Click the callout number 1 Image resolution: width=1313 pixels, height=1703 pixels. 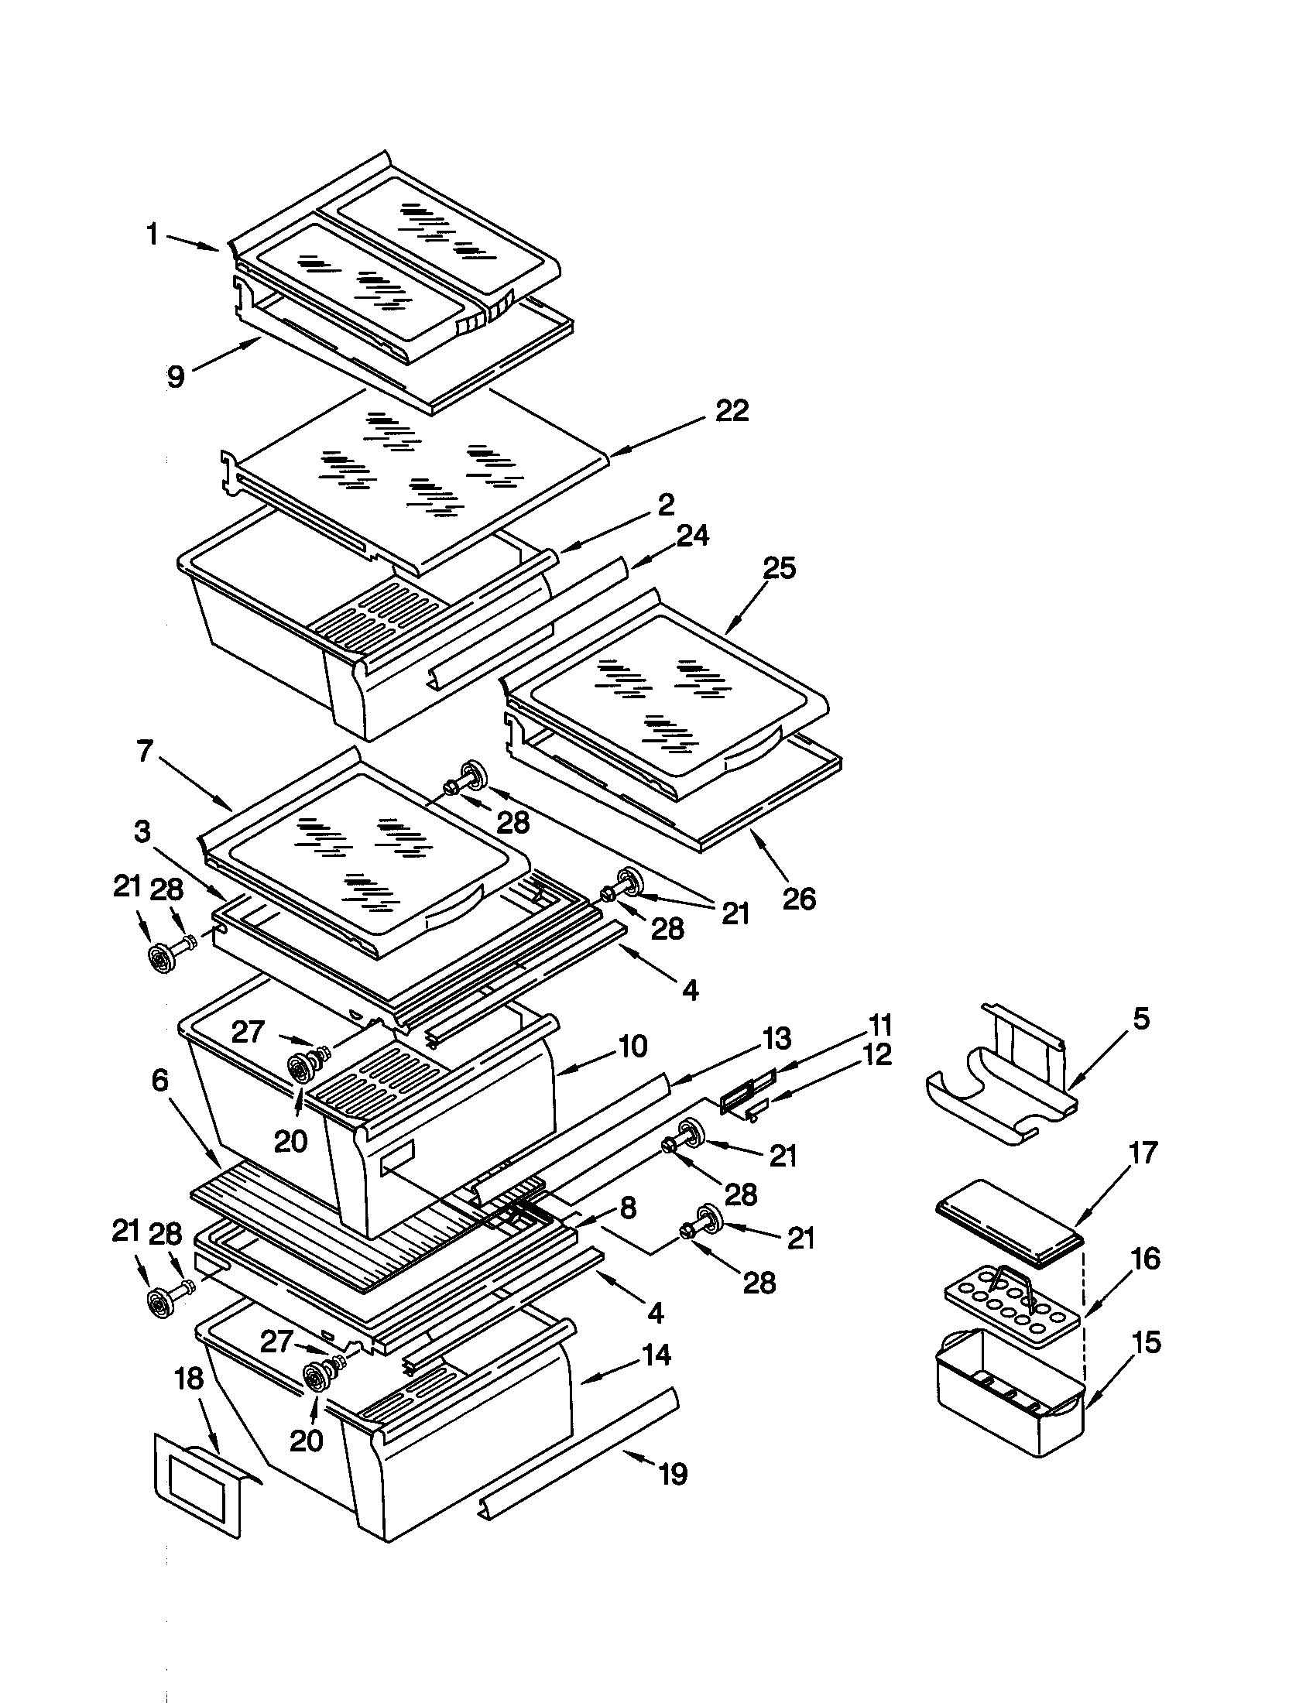(x=153, y=233)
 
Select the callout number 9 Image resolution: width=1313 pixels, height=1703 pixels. (x=177, y=377)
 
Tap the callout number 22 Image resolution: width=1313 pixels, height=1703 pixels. (x=732, y=411)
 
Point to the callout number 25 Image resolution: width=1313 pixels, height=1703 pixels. (x=779, y=568)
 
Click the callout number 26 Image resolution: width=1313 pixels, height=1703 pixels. (x=798, y=898)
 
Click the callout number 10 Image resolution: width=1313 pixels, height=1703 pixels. (x=632, y=1047)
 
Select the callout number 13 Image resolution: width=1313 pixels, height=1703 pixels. (x=776, y=1038)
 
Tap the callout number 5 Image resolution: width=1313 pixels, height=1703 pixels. (x=1140, y=1019)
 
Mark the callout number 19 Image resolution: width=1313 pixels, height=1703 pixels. (x=673, y=1475)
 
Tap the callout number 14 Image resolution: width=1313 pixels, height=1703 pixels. (x=656, y=1355)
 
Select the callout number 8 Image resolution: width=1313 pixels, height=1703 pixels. (x=629, y=1208)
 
